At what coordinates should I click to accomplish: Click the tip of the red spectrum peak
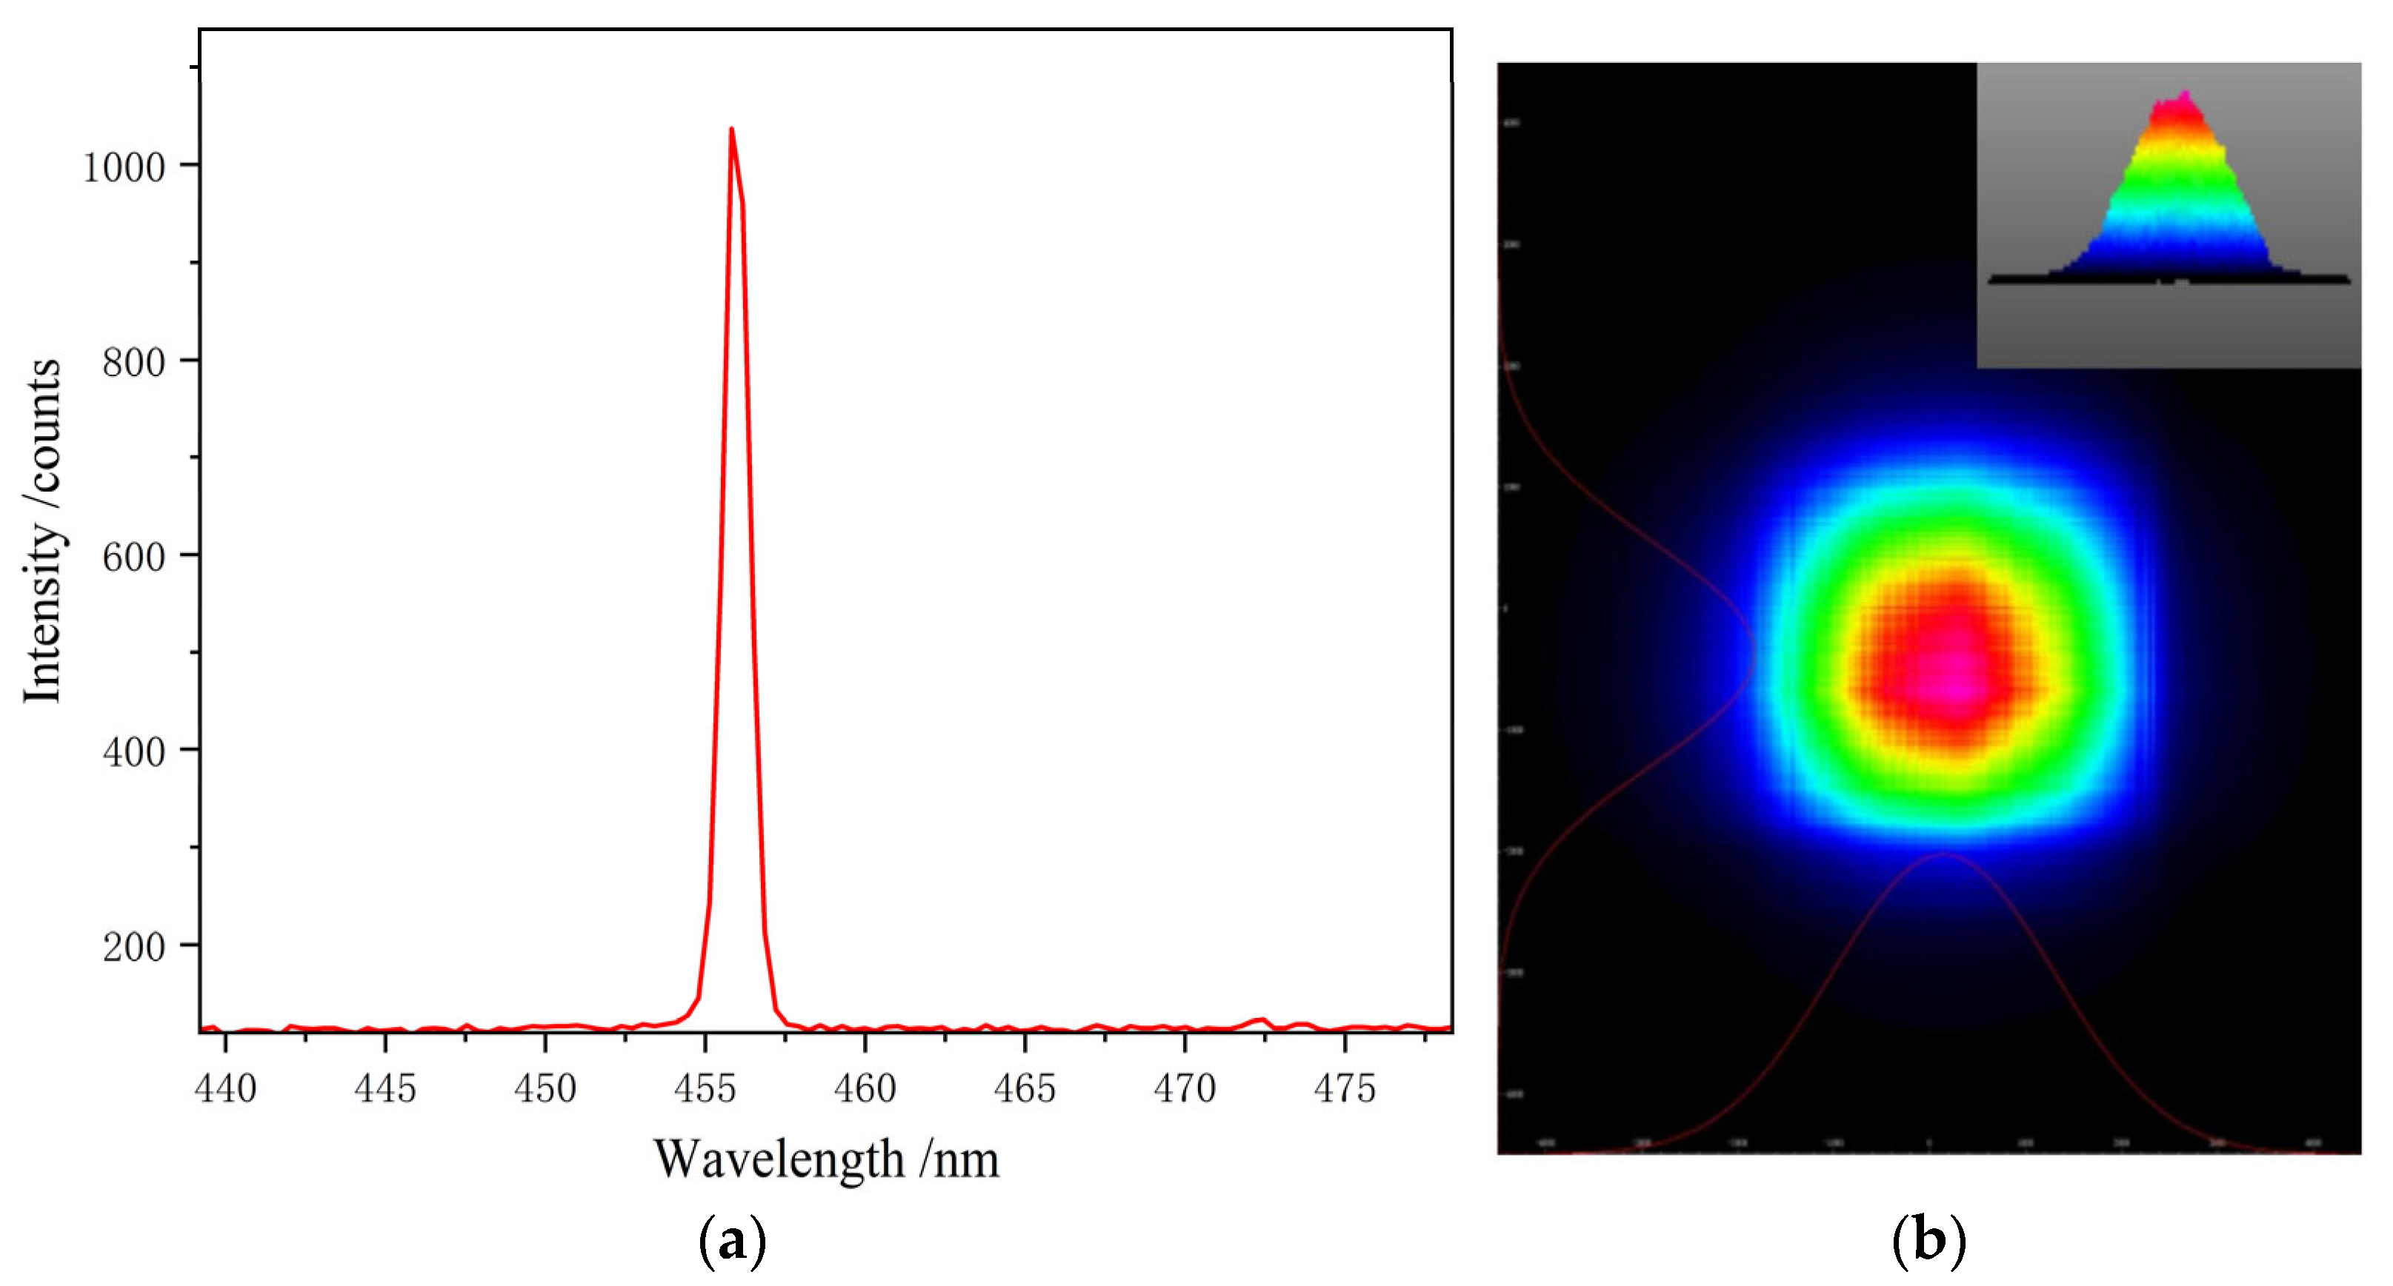click(x=731, y=130)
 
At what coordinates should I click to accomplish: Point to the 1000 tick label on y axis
click(x=124, y=168)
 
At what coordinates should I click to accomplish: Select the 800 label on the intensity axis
click(x=134, y=362)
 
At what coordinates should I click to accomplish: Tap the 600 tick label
click(x=134, y=557)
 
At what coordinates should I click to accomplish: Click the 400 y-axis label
click(x=134, y=752)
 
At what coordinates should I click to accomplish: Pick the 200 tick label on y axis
click(x=134, y=947)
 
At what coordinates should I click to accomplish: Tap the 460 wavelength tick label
click(x=865, y=1088)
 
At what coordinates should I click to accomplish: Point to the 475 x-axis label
click(x=1344, y=1088)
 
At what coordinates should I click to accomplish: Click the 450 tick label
click(x=545, y=1088)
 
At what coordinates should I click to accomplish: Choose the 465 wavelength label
click(x=1025, y=1088)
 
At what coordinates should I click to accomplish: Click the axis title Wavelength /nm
click(x=826, y=1159)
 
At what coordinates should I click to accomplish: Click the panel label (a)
click(x=732, y=1241)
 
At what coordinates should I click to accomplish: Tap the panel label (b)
click(x=1928, y=1241)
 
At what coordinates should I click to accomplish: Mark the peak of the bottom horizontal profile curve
click(x=1943, y=854)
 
